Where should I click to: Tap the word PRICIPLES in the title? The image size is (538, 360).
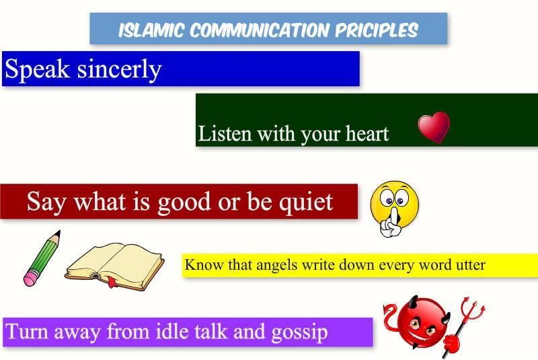[x=377, y=30]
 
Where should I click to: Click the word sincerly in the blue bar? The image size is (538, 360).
[x=119, y=70]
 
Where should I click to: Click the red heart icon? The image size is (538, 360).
[x=434, y=127]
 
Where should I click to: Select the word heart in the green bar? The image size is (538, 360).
[x=367, y=133]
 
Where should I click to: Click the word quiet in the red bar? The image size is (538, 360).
[x=306, y=202]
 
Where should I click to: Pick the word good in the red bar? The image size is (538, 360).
[x=184, y=202]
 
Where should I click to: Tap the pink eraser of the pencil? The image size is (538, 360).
[x=30, y=279]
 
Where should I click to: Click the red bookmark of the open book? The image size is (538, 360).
[x=112, y=281]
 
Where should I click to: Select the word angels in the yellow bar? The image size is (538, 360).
[x=276, y=265]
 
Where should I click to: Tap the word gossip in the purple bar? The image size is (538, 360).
[x=299, y=332]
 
